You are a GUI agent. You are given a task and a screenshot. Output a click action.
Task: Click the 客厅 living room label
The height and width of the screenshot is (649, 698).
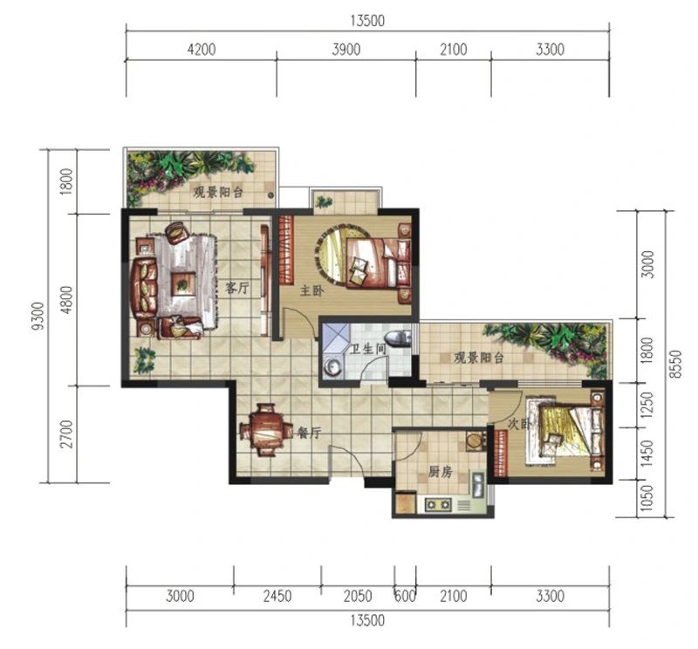[x=236, y=288]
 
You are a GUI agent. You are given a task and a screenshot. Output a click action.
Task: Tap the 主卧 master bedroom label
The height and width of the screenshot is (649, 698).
[x=312, y=291]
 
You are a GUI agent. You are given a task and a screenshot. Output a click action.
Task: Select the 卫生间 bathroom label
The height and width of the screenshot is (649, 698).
[x=367, y=349]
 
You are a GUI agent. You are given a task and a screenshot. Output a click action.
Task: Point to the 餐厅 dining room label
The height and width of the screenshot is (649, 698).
[x=310, y=432]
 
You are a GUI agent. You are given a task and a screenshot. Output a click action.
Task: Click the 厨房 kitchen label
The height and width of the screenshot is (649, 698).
[x=441, y=471]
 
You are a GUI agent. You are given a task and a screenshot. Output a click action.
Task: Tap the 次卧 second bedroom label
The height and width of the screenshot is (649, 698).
[x=519, y=424]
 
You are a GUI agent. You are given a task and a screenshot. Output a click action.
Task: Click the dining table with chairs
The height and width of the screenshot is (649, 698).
[x=266, y=429]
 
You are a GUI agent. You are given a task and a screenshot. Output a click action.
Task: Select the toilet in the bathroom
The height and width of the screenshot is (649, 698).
[x=399, y=338]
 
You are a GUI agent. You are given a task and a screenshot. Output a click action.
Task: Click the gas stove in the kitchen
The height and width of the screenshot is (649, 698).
[x=439, y=505]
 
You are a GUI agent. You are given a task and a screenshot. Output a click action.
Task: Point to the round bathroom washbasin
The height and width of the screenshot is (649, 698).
[x=332, y=366]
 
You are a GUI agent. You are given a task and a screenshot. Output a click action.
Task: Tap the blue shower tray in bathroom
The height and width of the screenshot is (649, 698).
[x=336, y=338]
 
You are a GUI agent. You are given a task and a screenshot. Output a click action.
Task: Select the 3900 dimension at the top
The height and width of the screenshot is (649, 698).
[x=346, y=49]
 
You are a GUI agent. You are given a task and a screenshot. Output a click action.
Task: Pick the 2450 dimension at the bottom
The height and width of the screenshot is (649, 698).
[x=277, y=596]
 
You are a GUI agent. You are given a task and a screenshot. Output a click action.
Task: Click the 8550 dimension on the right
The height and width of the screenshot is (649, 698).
[x=677, y=364]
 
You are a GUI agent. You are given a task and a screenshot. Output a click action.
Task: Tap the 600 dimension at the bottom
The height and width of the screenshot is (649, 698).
[x=406, y=596]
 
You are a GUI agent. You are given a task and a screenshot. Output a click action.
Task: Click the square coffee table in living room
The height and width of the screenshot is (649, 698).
[x=183, y=284]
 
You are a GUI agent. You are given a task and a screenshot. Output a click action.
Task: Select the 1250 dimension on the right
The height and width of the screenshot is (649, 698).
[x=647, y=405]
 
